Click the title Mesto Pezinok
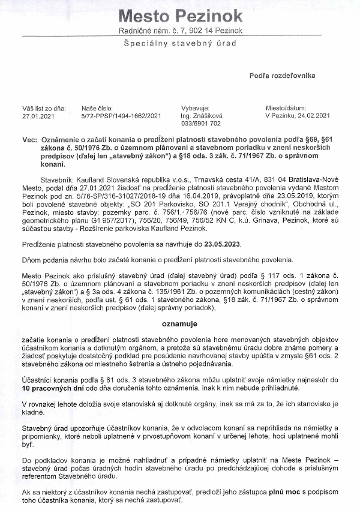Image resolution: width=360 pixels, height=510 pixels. click(x=180, y=16)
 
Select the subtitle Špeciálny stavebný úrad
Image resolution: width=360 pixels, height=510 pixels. click(x=180, y=44)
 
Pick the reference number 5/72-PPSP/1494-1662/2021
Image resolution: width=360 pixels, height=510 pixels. click(x=121, y=116)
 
